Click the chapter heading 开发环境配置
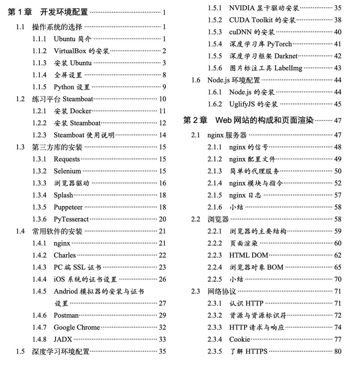(x=64, y=12)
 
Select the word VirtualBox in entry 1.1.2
(x=70, y=51)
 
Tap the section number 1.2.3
(x=39, y=135)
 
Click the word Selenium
(x=67, y=171)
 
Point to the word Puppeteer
(x=68, y=207)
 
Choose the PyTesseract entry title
(x=71, y=219)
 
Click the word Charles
(x=64, y=255)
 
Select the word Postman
(x=66, y=315)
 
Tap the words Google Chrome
(x=76, y=327)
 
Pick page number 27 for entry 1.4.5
(x=162, y=303)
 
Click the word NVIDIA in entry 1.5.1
(x=242, y=8)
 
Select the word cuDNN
(x=240, y=32)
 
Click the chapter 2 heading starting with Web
(x=264, y=120)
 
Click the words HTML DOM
(x=249, y=255)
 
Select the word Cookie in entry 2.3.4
(x=240, y=339)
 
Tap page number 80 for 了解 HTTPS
(x=337, y=351)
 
